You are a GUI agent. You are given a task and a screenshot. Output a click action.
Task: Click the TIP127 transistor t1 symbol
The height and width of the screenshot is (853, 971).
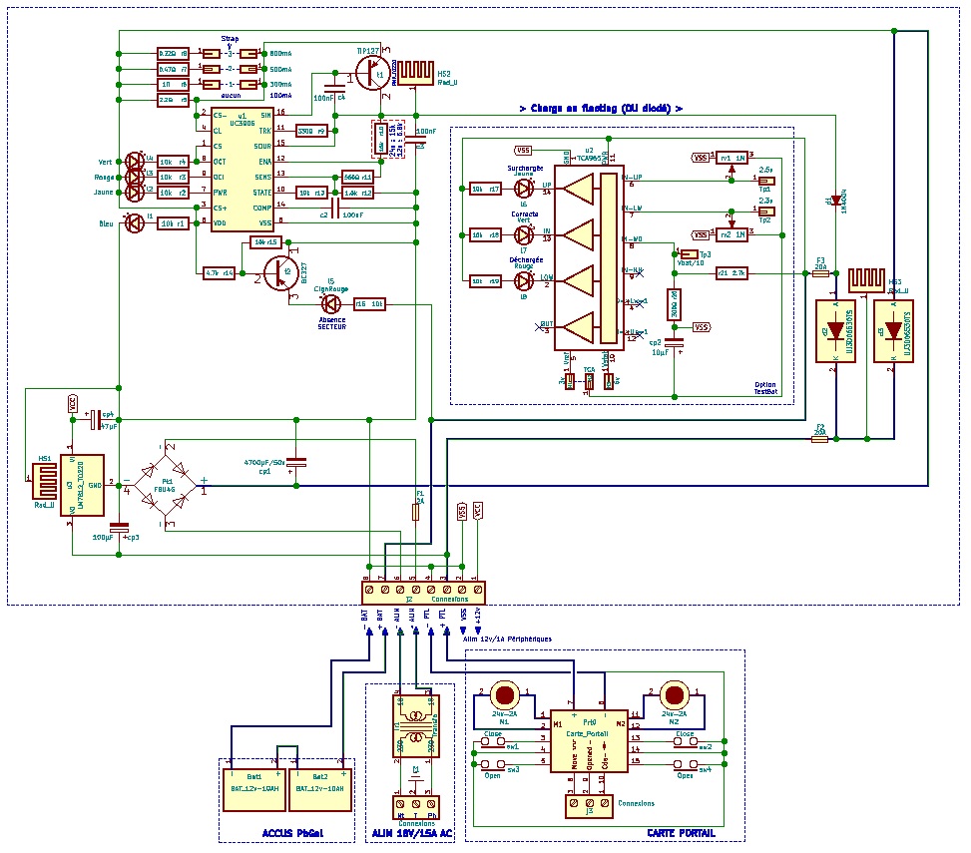[x=373, y=73]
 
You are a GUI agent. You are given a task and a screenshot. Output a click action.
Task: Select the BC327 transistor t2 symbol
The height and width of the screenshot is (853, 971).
[x=277, y=270]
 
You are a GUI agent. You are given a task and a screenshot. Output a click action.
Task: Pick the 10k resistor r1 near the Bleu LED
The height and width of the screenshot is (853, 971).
[x=174, y=223]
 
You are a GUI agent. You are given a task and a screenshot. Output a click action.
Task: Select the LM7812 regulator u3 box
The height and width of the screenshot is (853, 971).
[x=84, y=486]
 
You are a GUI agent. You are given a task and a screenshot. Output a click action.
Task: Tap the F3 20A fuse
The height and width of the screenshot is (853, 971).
[x=821, y=272]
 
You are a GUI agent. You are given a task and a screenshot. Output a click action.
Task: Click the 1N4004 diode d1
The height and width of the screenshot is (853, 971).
[x=835, y=202]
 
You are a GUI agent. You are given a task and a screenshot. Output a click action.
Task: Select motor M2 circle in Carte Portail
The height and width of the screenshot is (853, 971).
[x=675, y=694]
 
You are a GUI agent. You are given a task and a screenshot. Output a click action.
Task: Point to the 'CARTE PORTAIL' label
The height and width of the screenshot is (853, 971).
[x=682, y=833]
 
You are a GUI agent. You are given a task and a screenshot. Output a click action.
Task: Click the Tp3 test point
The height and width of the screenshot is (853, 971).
[x=689, y=254]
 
